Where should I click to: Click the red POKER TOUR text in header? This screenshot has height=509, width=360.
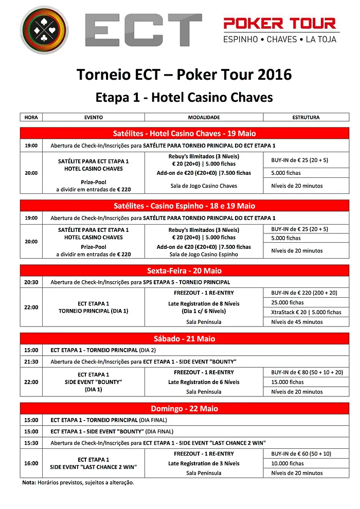[x=280, y=23]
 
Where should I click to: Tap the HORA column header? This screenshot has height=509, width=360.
[x=31, y=117]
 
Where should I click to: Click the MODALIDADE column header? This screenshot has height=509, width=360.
[x=204, y=117]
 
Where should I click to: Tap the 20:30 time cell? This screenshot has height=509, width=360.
[x=31, y=282]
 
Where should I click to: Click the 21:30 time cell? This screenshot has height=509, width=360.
[x=31, y=361]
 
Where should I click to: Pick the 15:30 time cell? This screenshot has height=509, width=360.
[x=31, y=443]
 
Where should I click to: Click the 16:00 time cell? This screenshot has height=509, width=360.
[x=31, y=463]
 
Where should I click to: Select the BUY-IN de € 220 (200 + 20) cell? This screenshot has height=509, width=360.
[x=304, y=293]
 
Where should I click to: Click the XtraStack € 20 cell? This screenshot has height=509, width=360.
[x=306, y=312]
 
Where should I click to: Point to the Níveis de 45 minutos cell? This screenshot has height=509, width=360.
[x=297, y=322]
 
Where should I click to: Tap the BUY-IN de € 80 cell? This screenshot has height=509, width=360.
[x=307, y=372]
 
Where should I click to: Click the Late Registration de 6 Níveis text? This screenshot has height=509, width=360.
[x=204, y=382]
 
